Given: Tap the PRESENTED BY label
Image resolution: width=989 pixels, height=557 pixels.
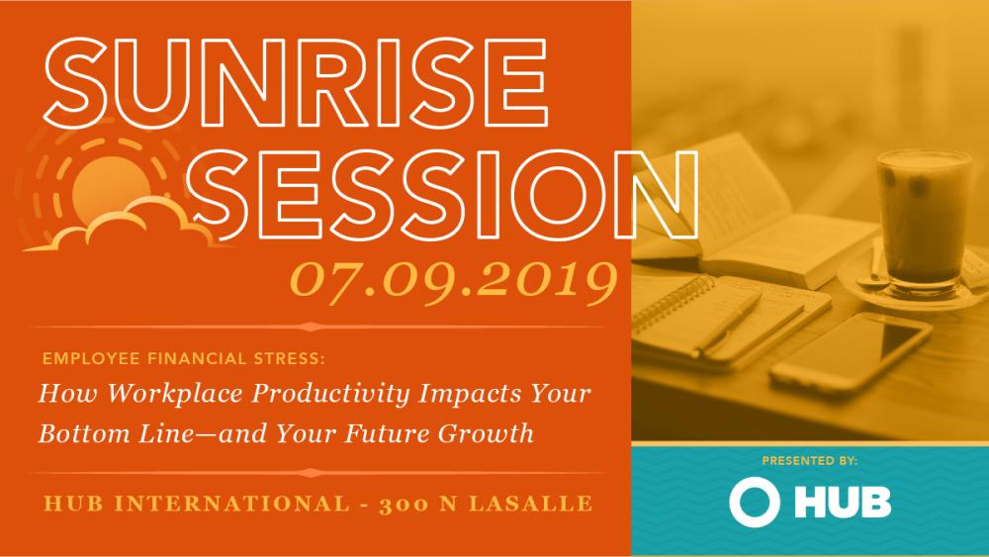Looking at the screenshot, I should click(x=810, y=461).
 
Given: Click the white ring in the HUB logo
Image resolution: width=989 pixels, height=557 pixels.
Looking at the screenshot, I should click(x=752, y=502).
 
